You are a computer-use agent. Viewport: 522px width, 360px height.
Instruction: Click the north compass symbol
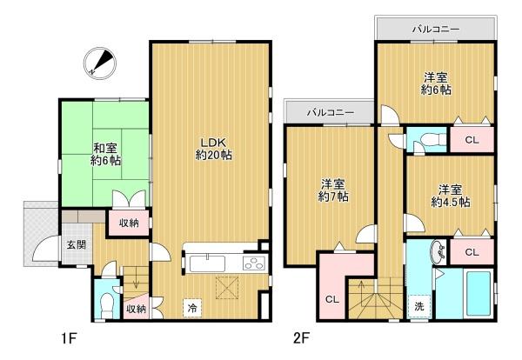tap(100, 63)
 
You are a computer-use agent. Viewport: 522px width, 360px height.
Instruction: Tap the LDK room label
tap(213, 149)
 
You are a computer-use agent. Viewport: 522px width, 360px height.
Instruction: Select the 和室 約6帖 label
tap(105, 155)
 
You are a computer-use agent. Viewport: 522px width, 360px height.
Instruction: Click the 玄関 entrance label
tap(77, 245)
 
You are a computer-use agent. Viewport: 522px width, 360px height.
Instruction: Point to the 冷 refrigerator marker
tap(192, 308)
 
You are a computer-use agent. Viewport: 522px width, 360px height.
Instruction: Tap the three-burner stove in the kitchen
tap(254, 263)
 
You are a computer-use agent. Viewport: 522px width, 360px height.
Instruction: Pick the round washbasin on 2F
tap(439, 252)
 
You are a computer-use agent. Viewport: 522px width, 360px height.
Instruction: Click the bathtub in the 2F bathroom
tap(478, 292)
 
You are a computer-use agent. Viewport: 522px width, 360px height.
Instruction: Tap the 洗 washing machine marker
tap(419, 306)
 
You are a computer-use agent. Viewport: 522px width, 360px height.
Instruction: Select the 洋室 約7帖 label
tap(333, 190)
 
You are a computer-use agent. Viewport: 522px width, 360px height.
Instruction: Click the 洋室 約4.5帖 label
tap(451, 196)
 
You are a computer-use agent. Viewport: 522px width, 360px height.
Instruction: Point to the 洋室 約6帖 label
tap(436, 83)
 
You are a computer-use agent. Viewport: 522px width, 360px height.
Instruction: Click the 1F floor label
tap(70, 339)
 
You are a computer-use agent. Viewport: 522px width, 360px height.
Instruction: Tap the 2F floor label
tap(302, 338)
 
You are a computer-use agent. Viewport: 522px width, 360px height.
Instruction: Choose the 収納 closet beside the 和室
tap(129, 223)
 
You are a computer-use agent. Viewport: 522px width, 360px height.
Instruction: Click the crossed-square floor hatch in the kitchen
tap(227, 287)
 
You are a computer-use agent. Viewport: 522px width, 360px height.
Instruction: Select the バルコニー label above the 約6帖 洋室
tap(436, 30)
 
